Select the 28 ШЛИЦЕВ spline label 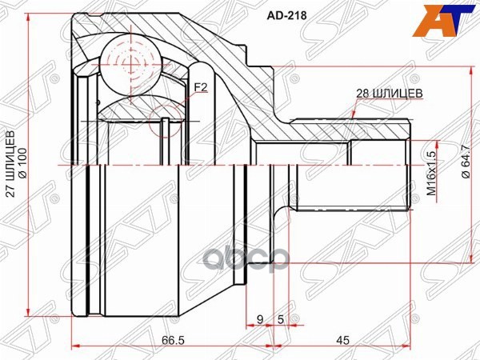pos(389,94)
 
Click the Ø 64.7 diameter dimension pos(466,170)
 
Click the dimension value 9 pos(259,321)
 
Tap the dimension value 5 pos(281,321)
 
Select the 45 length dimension pos(342,340)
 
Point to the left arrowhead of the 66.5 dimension pos(76,346)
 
